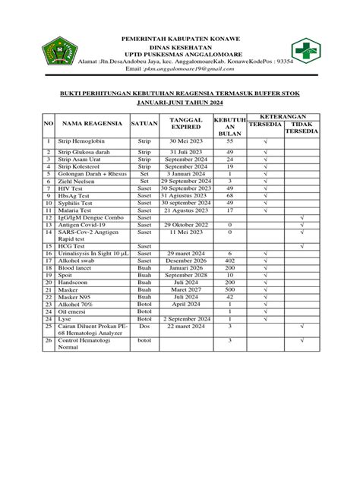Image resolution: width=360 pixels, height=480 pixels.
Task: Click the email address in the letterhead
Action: (x=192, y=68)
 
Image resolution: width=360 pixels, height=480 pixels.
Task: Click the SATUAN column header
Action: (x=144, y=123)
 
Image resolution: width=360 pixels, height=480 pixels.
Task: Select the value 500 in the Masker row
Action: (x=229, y=289)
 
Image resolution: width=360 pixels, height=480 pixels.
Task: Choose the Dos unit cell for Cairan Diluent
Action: (x=144, y=327)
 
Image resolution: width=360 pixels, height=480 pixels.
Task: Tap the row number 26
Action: (x=48, y=342)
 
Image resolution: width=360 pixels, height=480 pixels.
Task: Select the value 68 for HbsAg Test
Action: (x=229, y=195)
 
